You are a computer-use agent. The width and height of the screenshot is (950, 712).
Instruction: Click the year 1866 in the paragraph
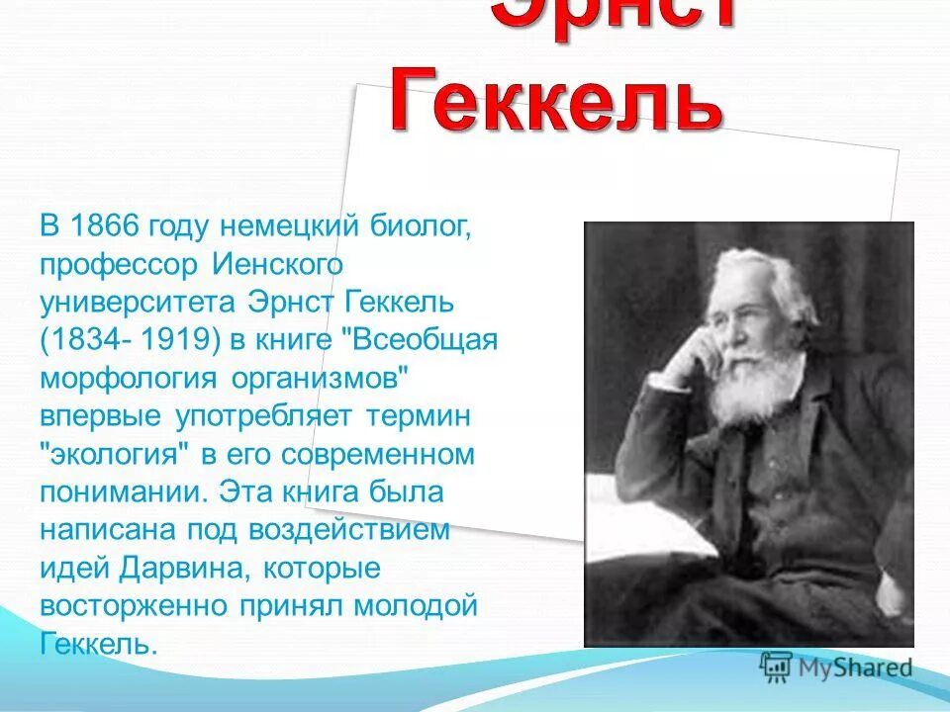[106, 226]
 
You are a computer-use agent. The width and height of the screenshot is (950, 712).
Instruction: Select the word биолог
[420, 226]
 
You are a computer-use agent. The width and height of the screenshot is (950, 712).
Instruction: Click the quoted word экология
[116, 454]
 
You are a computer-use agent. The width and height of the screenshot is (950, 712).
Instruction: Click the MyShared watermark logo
[835, 667]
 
